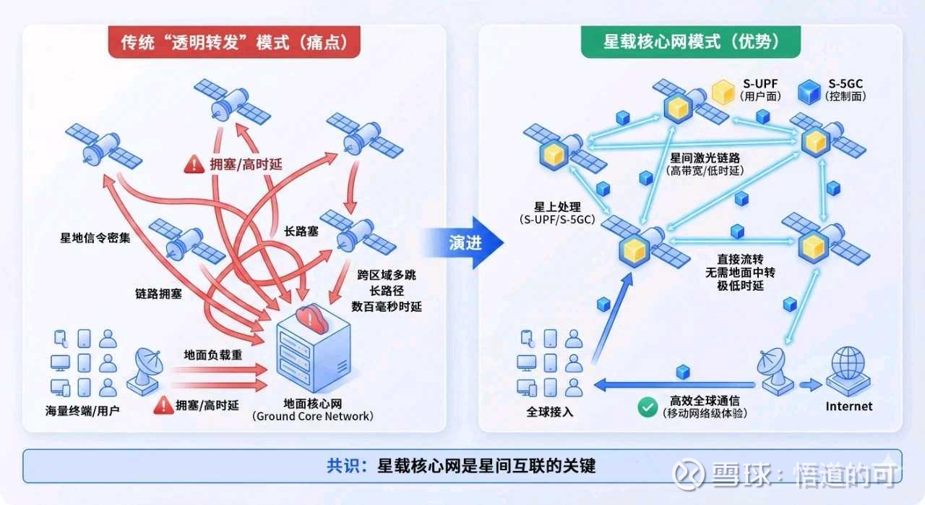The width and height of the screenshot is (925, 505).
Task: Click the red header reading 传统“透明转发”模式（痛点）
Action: (234, 42)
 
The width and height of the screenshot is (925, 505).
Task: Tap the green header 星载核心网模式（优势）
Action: (690, 42)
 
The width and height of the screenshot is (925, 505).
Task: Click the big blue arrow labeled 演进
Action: (463, 242)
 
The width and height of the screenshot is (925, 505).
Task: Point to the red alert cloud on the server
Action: (311, 318)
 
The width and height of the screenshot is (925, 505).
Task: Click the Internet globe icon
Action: (848, 372)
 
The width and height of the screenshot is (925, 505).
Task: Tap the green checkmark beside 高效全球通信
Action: (647, 407)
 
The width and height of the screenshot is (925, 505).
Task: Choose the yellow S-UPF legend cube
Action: (723, 92)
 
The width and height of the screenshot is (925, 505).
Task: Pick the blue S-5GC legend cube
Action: (809, 92)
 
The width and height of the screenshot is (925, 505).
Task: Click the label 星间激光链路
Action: (705, 158)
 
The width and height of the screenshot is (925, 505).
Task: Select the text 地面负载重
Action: (212, 355)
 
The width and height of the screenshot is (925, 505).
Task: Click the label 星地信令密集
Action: (95, 237)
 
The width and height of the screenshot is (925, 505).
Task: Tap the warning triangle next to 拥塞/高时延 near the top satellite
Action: (194, 164)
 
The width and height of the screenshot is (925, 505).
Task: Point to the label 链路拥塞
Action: (158, 294)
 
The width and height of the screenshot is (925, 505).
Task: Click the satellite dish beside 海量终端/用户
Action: (145, 372)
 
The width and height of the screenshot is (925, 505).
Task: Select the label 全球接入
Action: (550, 412)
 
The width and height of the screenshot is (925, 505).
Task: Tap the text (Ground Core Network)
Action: (313, 416)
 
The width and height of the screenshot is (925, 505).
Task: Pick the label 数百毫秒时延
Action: (386, 307)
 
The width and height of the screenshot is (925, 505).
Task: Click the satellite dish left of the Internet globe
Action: (775, 372)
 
